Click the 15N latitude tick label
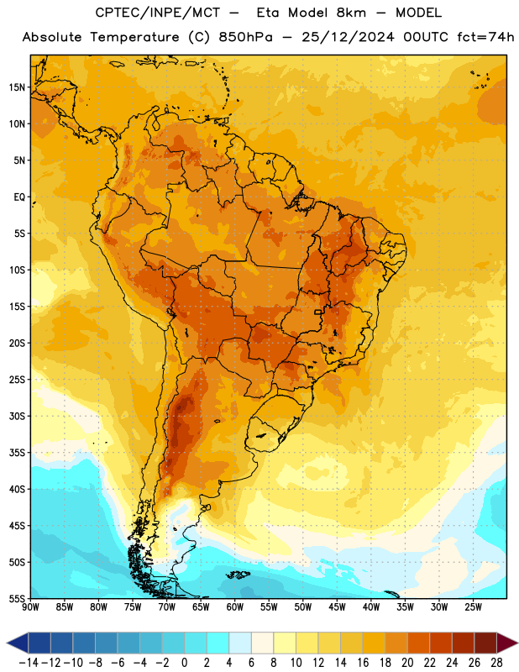pos(17,87)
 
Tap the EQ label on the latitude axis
pos(19,197)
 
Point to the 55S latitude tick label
pos(17,598)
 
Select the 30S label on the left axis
pos(17,416)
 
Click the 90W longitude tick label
pos(30,606)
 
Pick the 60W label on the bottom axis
pos(235,606)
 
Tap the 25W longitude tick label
pos(473,606)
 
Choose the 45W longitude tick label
pos(337,606)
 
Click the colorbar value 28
pos(496,663)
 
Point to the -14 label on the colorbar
pos(29,663)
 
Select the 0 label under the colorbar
pos(184,663)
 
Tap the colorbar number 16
pos(363,663)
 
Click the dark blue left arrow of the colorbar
pos(18,643)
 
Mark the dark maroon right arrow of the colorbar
pos(507,643)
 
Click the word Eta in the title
pos(267,13)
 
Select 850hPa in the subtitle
pos(245,37)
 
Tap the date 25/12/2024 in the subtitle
pos(348,37)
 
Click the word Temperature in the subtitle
pos(134,37)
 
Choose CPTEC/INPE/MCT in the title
pos(158,13)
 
